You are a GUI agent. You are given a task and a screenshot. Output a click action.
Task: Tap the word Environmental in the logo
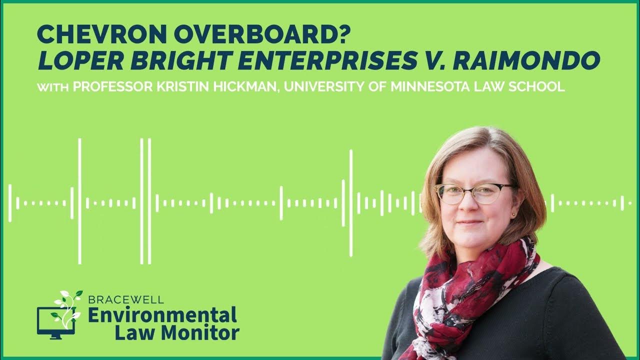(x=162, y=315)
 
